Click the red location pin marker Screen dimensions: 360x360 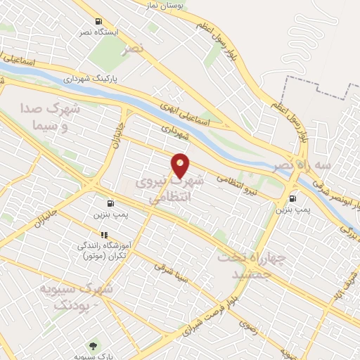(x=181, y=165)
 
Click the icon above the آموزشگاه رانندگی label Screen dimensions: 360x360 (x=104, y=235)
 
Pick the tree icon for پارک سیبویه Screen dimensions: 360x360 (x=92, y=345)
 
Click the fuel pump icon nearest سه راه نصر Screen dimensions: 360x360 (x=292, y=198)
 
